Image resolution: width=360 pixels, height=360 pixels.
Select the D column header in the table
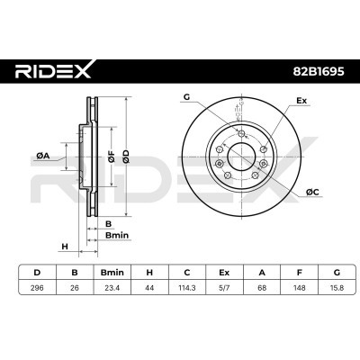point(35,271)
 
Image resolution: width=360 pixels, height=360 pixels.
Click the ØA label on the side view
point(42,155)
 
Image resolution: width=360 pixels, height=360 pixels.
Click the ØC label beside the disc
point(310,192)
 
